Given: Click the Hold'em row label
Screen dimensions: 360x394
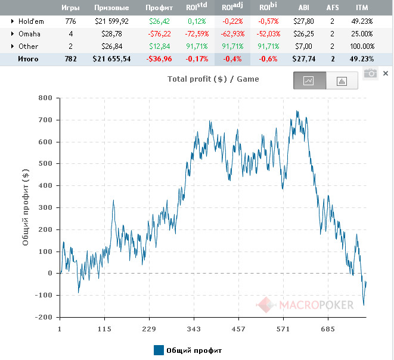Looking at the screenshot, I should pos(32,21).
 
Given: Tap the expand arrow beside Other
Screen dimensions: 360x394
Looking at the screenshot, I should pos(13,46).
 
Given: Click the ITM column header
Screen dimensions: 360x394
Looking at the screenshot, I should pos(362,8).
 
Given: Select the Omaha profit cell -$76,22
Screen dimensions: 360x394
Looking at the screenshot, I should pos(159,33).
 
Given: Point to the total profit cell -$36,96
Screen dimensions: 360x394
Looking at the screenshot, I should pos(159,59).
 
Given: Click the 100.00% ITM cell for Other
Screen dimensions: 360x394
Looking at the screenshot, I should pos(362,46).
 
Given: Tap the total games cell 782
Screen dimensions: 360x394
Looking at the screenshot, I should pos(70,59).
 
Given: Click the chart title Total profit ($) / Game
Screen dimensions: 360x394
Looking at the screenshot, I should pos(213,79).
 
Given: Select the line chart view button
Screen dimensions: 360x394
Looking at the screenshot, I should pos(309,81).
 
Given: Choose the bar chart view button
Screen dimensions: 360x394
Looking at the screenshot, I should pos(342,81).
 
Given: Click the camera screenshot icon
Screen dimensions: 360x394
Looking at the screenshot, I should pos(371,73).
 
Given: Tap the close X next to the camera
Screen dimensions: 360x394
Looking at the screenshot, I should pos(386,73).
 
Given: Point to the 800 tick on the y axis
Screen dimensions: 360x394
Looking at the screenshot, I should pos(45,98).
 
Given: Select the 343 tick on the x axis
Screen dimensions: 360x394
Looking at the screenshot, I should pos(193,328).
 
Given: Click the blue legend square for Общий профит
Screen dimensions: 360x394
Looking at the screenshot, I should pos(159,350).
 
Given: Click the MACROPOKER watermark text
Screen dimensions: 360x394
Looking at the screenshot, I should pos(317,305).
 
